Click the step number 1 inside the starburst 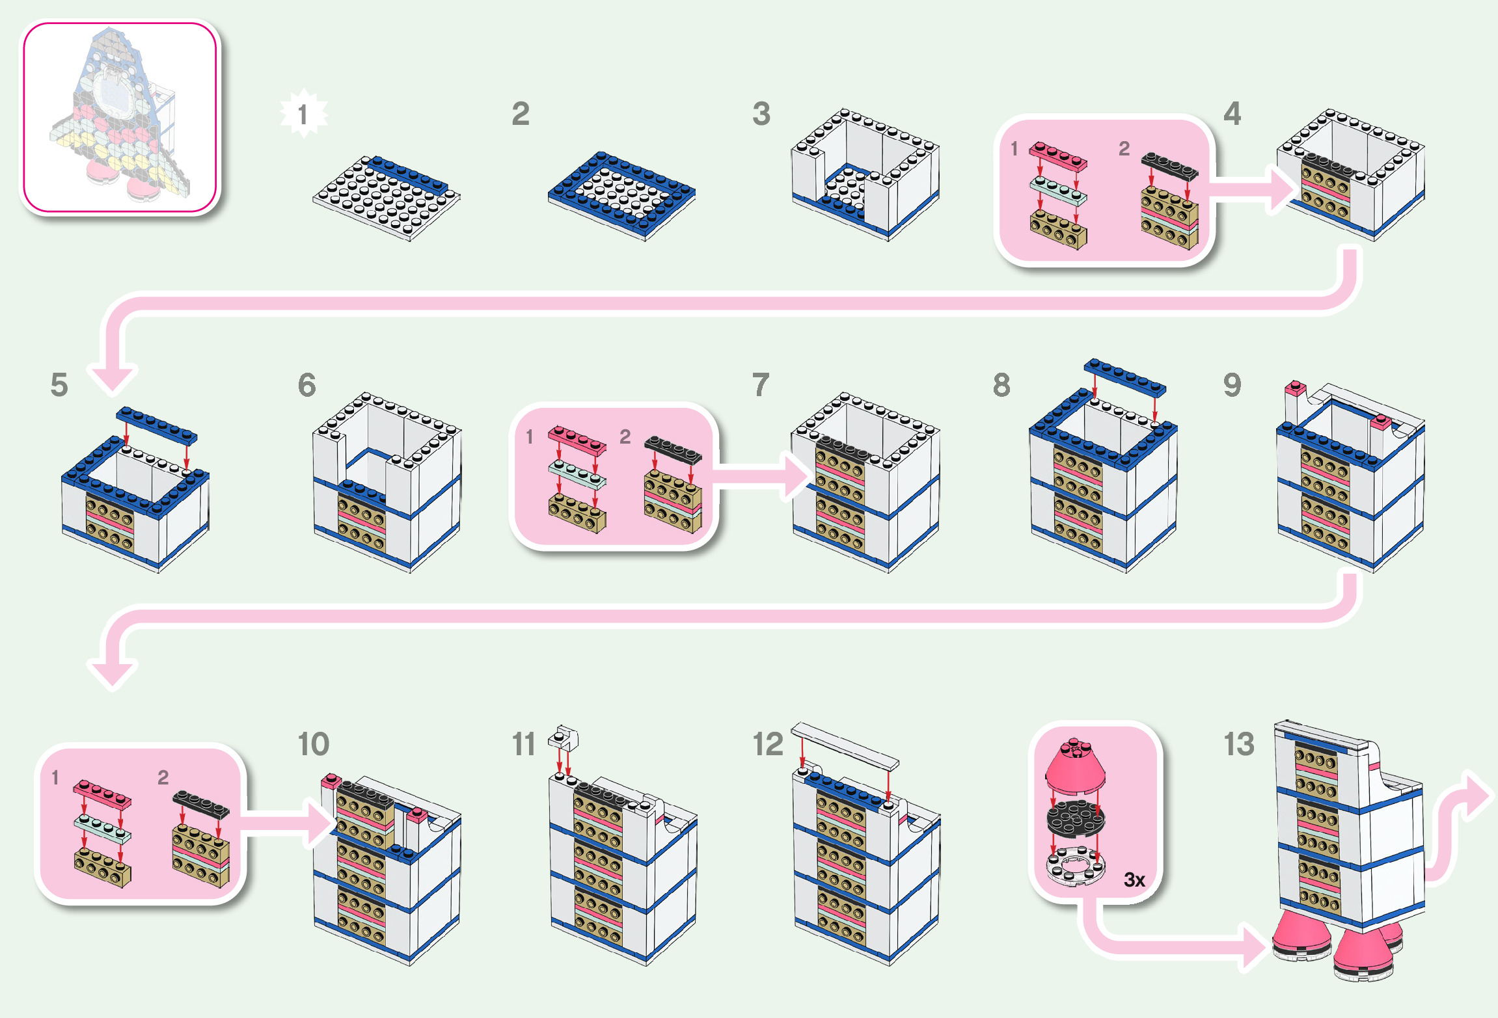pyautogui.click(x=303, y=115)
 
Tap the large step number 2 pyautogui.click(x=520, y=114)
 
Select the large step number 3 pyautogui.click(x=761, y=114)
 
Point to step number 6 pyautogui.click(x=306, y=385)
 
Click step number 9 pyautogui.click(x=1232, y=385)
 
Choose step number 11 pyautogui.click(x=523, y=744)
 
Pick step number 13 pyautogui.click(x=1238, y=744)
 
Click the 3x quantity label pyautogui.click(x=1134, y=879)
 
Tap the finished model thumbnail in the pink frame pyautogui.click(x=121, y=117)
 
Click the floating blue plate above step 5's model pyautogui.click(x=156, y=425)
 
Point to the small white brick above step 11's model pyautogui.click(x=564, y=738)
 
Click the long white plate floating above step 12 pyautogui.click(x=845, y=745)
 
